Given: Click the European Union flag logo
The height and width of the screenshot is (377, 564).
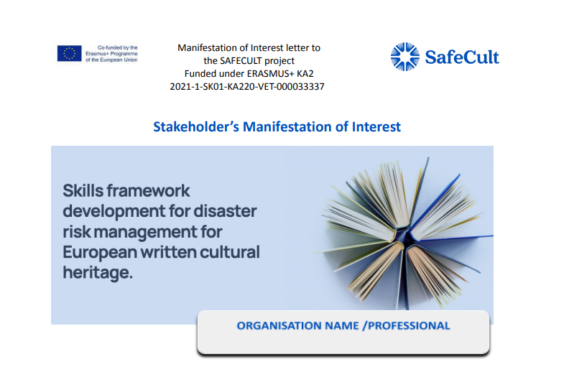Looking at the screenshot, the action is coord(70,53).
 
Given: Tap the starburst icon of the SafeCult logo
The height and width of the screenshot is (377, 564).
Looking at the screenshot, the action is coord(405,57).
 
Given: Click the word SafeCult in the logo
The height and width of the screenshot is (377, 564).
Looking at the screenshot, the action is coord(462,57).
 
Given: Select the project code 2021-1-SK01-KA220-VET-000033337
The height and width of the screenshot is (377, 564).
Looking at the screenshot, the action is coord(247,87).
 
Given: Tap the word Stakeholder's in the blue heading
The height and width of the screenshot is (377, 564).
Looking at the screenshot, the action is coord(196,127).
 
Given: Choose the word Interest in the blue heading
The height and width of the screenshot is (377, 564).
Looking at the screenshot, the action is coord(376,127).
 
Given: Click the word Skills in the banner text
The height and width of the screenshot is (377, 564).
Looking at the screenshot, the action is coord(83,190).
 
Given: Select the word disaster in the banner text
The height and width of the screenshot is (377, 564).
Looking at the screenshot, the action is coord(225,211).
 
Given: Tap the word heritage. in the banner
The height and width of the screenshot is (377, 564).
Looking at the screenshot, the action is coord(98,272).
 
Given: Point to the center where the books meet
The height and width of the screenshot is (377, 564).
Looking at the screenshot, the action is coord(404,237).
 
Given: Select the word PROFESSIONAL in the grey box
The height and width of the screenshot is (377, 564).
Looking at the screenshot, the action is coord(409,325).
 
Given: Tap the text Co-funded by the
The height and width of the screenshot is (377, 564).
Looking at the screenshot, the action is coord(118,47).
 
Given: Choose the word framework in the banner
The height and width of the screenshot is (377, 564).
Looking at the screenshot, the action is coord(148,190).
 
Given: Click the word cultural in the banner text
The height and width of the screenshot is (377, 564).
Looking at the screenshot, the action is coord(230,252).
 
